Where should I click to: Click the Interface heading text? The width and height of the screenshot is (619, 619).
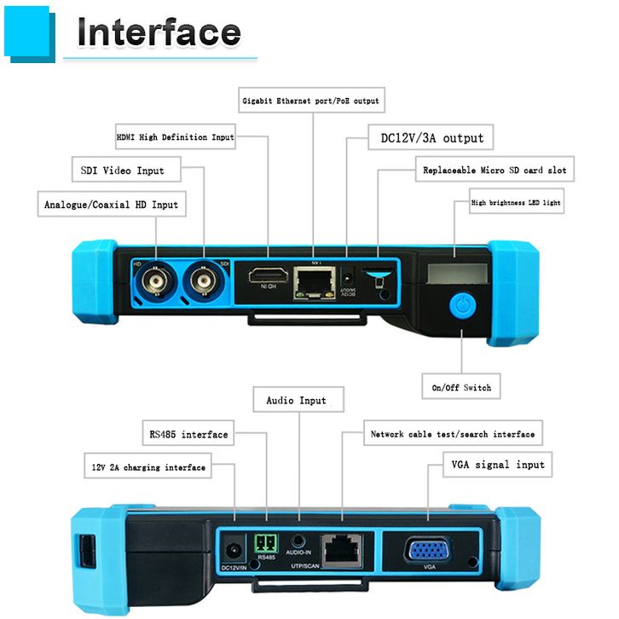[x=159, y=32]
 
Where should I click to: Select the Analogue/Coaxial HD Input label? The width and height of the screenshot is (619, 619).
[x=111, y=205]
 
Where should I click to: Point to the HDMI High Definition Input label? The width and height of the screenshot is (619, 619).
[x=175, y=136]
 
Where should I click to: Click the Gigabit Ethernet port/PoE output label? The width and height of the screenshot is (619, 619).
[x=310, y=101]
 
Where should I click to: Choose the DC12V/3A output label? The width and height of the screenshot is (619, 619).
[x=425, y=137]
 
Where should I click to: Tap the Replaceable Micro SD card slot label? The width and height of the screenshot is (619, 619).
[x=495, y=170]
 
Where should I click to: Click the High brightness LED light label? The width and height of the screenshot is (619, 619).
[x=517, y=204]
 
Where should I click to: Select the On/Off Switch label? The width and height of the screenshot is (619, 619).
[x=461, y=388]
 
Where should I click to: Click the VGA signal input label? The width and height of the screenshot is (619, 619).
[x=497, y=465]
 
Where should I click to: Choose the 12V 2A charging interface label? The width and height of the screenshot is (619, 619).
[x=148, y=467]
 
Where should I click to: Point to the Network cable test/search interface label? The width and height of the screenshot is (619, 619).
[x=452, y=434]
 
